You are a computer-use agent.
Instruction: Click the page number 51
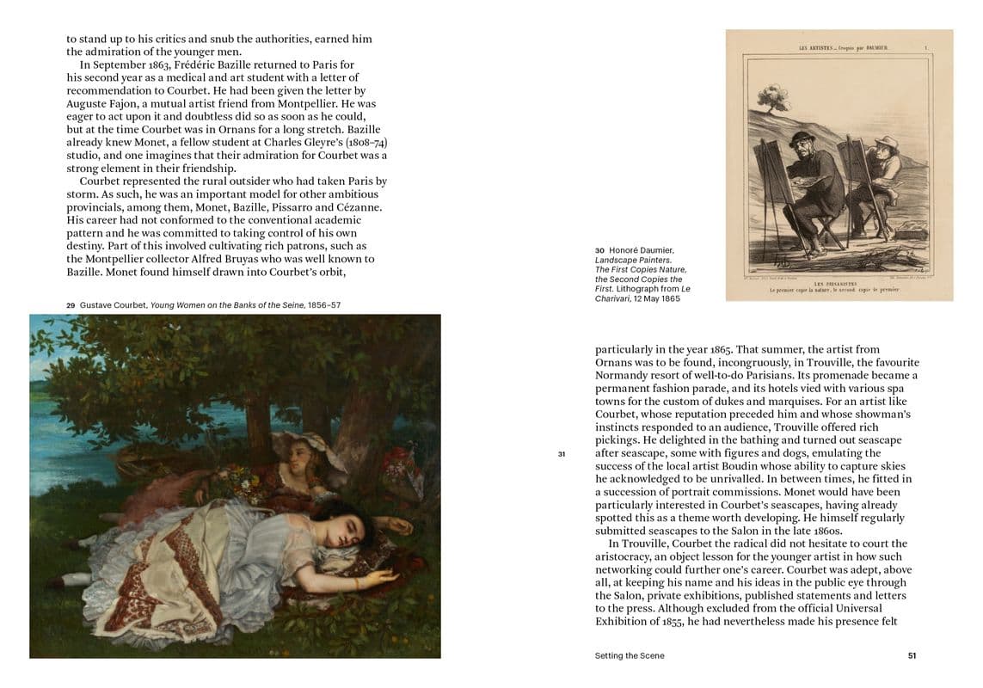coord(912,655)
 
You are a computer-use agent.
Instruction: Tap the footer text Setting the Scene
coord(629,655)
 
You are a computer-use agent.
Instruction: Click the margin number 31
coord(561,453)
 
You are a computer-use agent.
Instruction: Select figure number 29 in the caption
coord(71,305)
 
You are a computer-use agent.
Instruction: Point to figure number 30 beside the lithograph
coord(599,250)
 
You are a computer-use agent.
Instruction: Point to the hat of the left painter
coord(802,138)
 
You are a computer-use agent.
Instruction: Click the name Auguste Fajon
coord(103,103)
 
